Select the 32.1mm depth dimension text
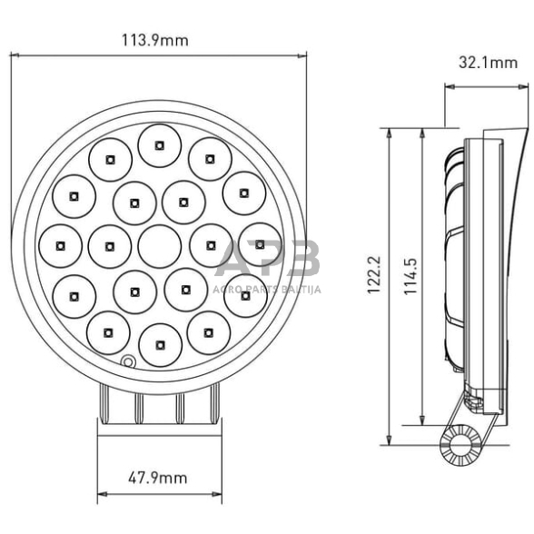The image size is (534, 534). click(x=487, y=63)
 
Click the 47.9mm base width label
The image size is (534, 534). click(x=159, y=477)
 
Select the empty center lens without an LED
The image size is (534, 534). click(x=160, y=244)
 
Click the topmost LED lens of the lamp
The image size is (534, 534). click(x=160, y=144)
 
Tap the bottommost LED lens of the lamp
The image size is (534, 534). click(x=160, y=344)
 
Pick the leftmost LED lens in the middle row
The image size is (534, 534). click(x=62, y=244)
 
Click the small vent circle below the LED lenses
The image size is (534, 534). click(x=128, y=362)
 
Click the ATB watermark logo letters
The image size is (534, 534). click(x=267, y=261)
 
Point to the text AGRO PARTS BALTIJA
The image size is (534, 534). click(x=267, y=291)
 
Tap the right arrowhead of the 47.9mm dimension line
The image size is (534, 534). click(x=219, y=497)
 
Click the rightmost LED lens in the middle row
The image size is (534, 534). click(x=259, y=244)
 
